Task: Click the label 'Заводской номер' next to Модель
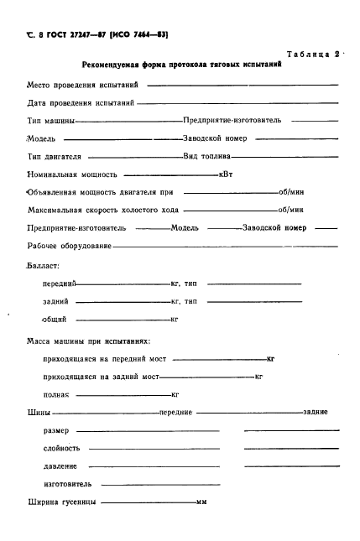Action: (215, 138)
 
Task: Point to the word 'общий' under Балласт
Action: (54, 319)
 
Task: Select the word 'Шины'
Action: (39, 413)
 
